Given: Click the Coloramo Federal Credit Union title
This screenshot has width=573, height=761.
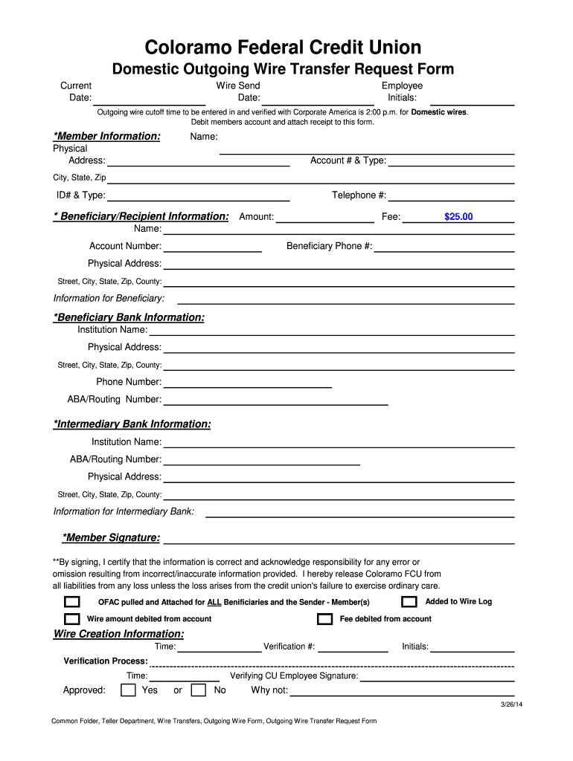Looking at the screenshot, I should pyautogui.click(x=283, y=48).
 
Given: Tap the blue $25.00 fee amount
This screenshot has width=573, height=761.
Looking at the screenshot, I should pyautogui.click(x=458, y=217).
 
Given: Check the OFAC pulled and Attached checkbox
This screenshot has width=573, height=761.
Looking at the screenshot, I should pyautogui.click(x=72, y=602).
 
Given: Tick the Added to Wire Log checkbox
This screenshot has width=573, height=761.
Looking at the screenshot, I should pyautogui.click(x=409, y=602).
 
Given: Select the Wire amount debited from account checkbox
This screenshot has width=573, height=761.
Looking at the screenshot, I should pyautogui.click(x=72, y=619).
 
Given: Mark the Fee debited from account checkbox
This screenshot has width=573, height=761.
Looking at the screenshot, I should pyautogui.click(x=324, y=619).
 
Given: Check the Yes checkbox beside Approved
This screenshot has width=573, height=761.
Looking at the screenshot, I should pyautogui.click(x=129, y=690).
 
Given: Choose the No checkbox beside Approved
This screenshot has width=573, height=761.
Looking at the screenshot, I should pyautogui.click(x=199, y=690).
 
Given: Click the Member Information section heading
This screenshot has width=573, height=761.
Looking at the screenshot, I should pyautogui.click(x=106, y=137).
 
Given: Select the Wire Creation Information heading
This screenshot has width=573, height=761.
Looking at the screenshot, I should pyautogui.click(x=118, y=634).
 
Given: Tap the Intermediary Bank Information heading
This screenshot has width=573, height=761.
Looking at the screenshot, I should pyautogui.click(x=132, y=424).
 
